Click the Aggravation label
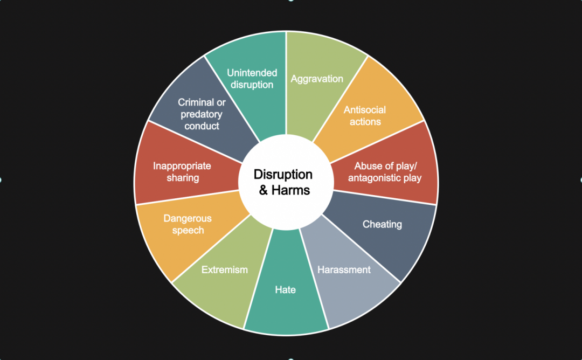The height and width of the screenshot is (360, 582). (317, 79)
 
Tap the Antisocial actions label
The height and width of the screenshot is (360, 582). (365, 116)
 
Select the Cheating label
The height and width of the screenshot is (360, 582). (382, 224)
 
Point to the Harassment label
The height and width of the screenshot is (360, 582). (344, 269)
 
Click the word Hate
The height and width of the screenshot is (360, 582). (285, 289)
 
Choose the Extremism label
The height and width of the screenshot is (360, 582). (224, 269)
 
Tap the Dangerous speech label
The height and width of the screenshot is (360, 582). (188, 224)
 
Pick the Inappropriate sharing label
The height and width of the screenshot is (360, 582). (182, 171)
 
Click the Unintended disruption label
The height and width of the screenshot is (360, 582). (252, 79)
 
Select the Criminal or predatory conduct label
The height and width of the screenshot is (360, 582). (202, 114)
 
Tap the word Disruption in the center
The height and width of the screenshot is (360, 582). (283, 175)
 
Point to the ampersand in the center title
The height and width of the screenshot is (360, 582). (263, 190)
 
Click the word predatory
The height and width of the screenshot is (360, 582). (202, 114)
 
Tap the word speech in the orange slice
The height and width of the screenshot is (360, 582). (188, 231)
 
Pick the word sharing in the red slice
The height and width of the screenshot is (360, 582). (183, 178)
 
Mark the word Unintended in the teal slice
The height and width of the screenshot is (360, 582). (252, 73)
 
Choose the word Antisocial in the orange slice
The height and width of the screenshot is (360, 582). (365, 110)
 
